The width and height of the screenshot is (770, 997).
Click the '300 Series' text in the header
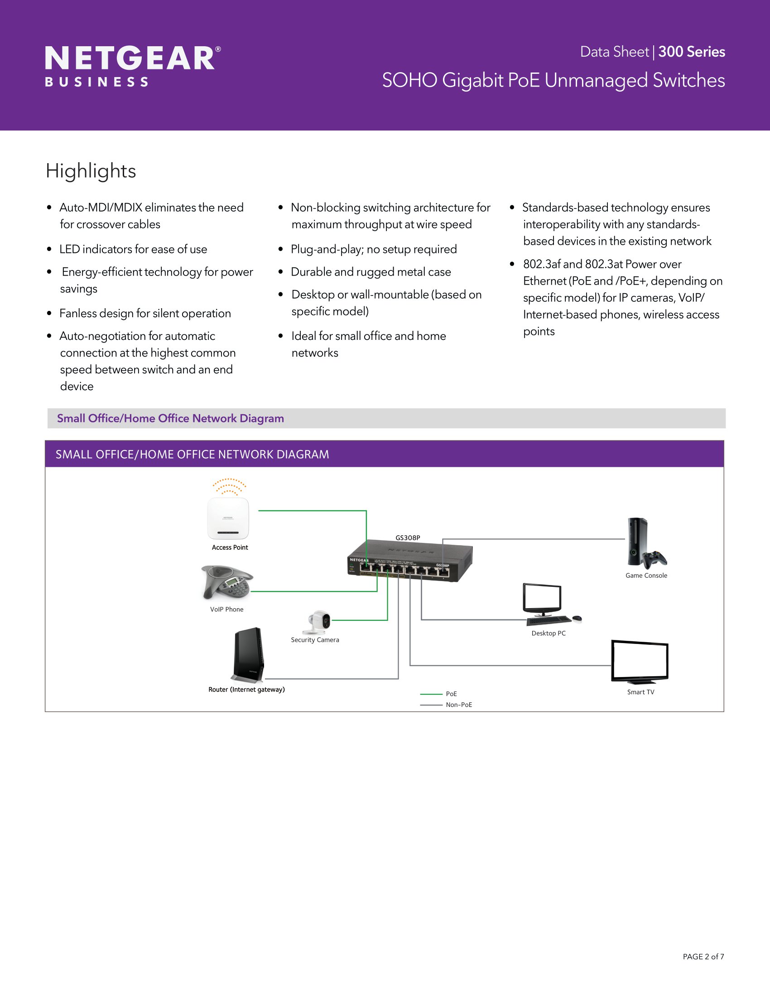[692, 52]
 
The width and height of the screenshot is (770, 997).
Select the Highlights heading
[91, 171]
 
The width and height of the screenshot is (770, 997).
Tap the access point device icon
[228, 518]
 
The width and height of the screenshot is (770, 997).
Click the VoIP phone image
[227, 582]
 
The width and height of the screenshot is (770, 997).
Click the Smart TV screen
[640, 661]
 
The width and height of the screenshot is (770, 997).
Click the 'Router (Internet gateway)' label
[246, 689]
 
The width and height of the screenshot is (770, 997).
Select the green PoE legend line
[431, 694]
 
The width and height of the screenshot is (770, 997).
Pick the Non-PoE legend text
[459, 705]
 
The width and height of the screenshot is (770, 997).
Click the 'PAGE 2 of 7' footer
[703, 957]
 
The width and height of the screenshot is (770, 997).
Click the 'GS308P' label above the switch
[408, 538]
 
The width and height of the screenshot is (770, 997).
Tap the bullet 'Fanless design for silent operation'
[145, 314]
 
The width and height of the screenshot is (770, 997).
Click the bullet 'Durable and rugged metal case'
[371, 272]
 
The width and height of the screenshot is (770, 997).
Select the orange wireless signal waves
[230, 487]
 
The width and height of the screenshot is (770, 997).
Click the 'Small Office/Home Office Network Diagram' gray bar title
[170, 419]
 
